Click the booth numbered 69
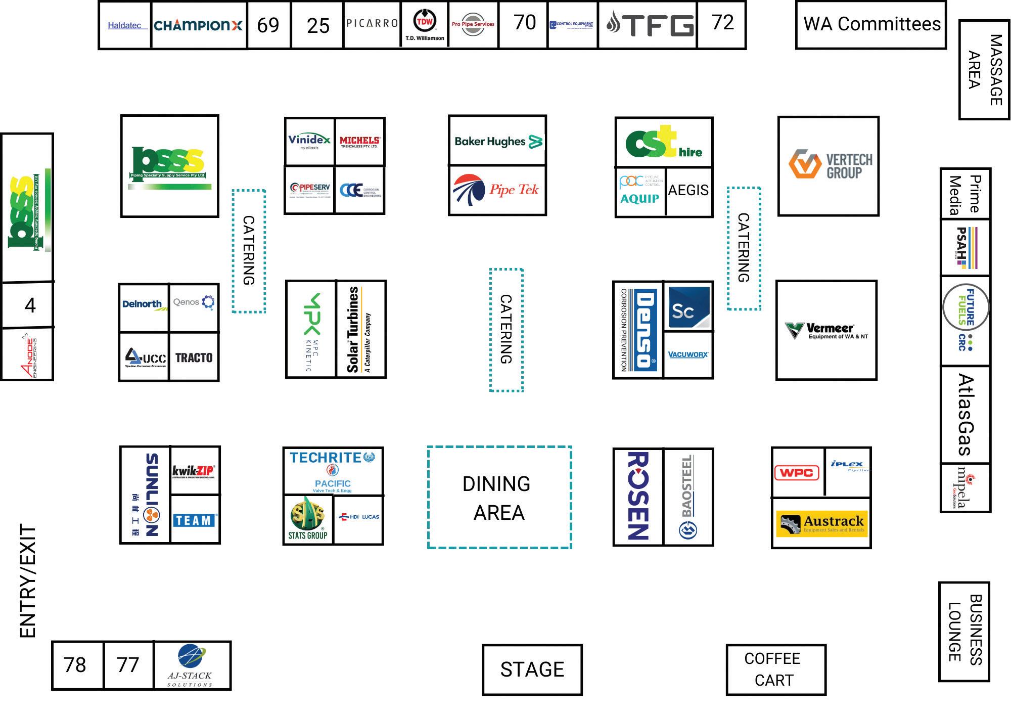[268, 25]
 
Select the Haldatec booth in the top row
[125, 25]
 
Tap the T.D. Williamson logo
[425, 25]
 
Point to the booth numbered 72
[722, 23]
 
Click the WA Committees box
[871, 24]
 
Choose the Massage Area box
[985, 70]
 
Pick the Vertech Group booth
[829, 166]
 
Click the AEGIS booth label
[688, 190]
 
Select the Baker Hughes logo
[498, 141]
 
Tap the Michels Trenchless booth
[360, 142]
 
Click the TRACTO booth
[194, 357]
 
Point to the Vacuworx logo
[688, 354]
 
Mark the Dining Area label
[498, 498]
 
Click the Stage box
[532, 669]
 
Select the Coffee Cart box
[775, 669]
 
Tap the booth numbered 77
[128, 665]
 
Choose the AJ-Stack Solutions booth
[192, 665]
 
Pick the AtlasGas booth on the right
[966, 415]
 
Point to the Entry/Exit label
[28, 582]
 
